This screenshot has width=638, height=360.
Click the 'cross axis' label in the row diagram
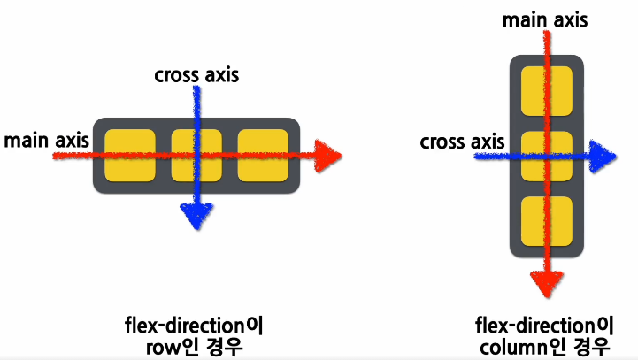coord(196,77)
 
